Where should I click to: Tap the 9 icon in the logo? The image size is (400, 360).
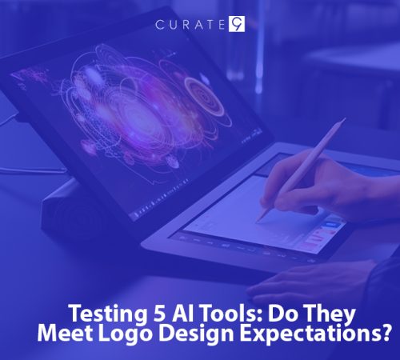coord(237,24)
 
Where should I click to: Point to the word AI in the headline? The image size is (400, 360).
coord(164,313)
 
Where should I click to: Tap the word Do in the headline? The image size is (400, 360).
coord(254,313)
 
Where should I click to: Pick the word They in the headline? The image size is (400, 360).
coord(293,313)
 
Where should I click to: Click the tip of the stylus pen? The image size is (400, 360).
coord(258,220)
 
